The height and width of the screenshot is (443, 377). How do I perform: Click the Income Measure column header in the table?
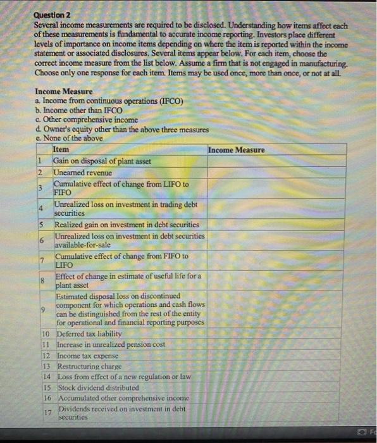coord(237,149)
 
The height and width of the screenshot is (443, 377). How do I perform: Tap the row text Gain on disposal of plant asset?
coord(102,161)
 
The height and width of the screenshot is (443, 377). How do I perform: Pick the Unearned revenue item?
coord(82,172)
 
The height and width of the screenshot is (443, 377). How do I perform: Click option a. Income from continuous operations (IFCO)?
coord(109,101)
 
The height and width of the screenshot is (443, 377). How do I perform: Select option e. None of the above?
coord(70,139)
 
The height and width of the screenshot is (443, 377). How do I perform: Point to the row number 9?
coord(41,309)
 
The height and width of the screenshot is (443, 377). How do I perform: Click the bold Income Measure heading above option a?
coord(63,91)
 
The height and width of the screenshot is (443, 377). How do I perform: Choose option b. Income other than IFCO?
coord(78,110)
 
